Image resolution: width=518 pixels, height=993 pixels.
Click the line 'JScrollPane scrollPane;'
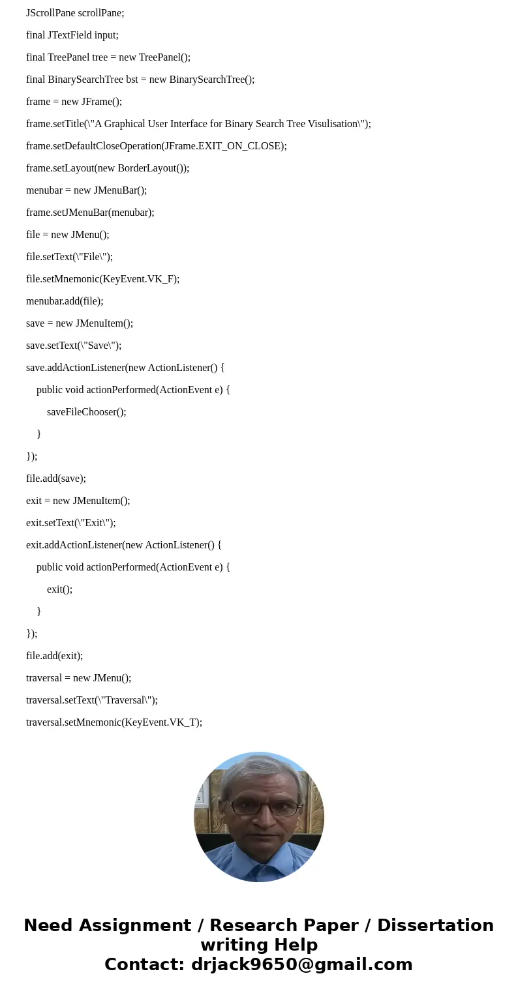[75, 13]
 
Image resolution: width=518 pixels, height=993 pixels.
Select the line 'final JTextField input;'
[72, 35]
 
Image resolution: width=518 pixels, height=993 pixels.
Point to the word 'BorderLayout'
[147, 168]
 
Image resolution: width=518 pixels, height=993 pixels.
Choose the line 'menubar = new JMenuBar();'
[86, 190]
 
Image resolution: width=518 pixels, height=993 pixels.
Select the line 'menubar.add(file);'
[65, 301]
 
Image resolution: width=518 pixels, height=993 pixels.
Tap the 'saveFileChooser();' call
[86, 412]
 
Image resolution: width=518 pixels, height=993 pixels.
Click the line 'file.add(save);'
[56, 479]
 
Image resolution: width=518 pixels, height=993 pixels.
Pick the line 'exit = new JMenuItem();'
[78, 501]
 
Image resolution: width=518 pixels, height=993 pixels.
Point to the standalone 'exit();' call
[59, 589]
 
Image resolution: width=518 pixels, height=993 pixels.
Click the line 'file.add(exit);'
[55, 656]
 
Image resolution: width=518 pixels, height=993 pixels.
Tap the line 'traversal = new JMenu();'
[78, 678]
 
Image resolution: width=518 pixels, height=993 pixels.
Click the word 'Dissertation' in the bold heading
[435, 926]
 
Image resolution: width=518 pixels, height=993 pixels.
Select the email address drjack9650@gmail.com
[301, 965]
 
